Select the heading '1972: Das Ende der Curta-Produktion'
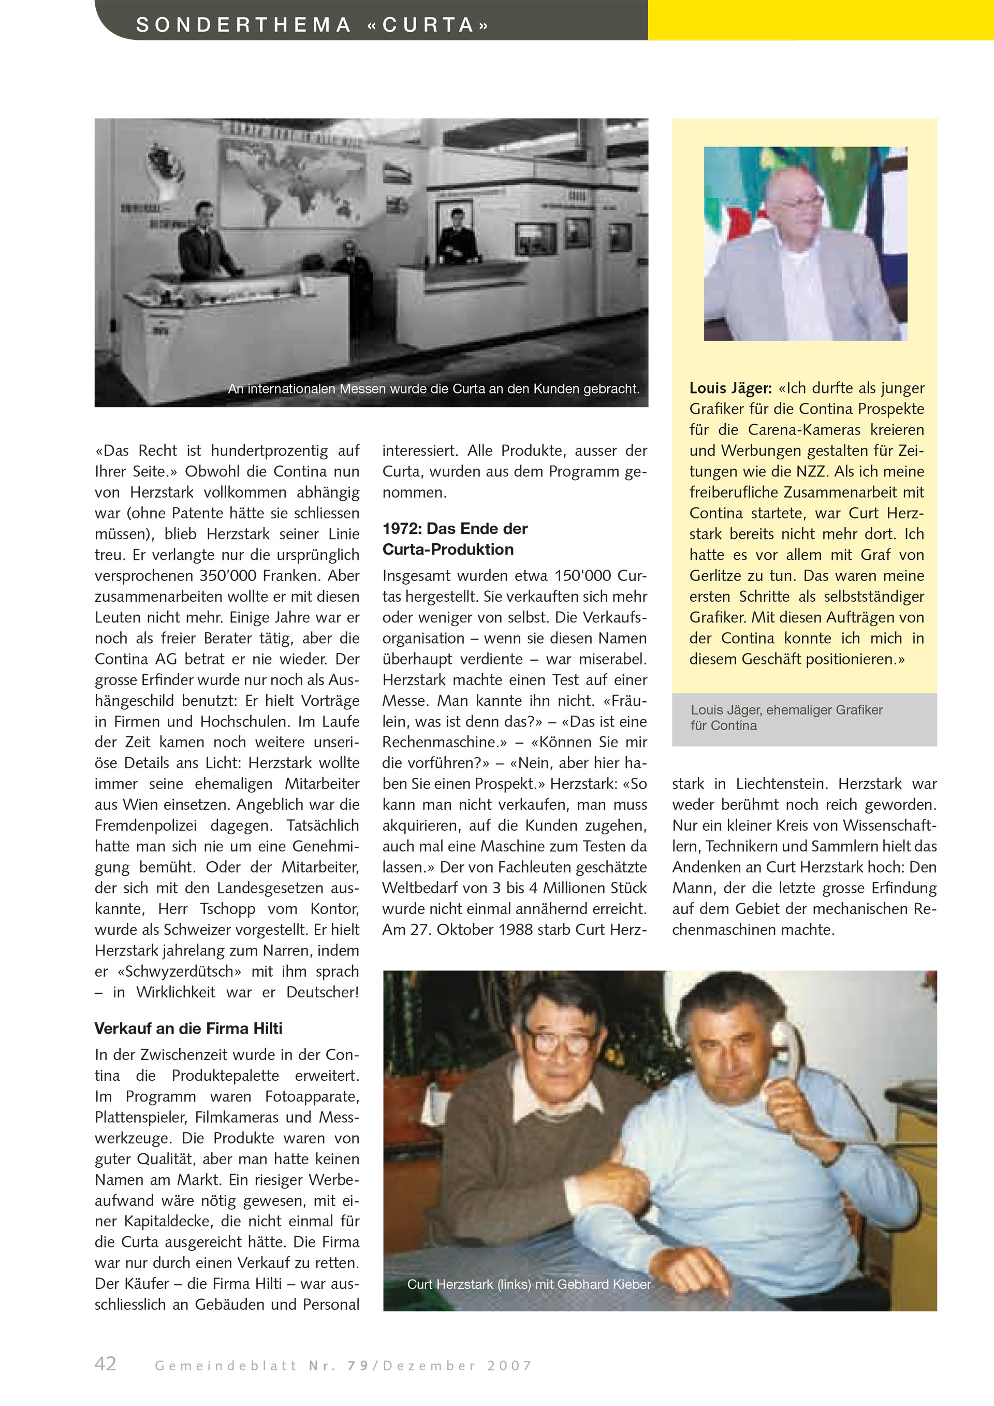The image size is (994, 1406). [x=455, y=539]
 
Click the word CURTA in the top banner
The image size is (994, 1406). [x=429, y=25]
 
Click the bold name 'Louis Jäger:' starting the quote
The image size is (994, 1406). [x=730, y=388]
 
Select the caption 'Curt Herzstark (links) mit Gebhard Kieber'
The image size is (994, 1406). [x=529, y=1284]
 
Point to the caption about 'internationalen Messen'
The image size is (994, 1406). [x=433, y=389]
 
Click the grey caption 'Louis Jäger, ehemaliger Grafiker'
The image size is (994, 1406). [x=786, y=711]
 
